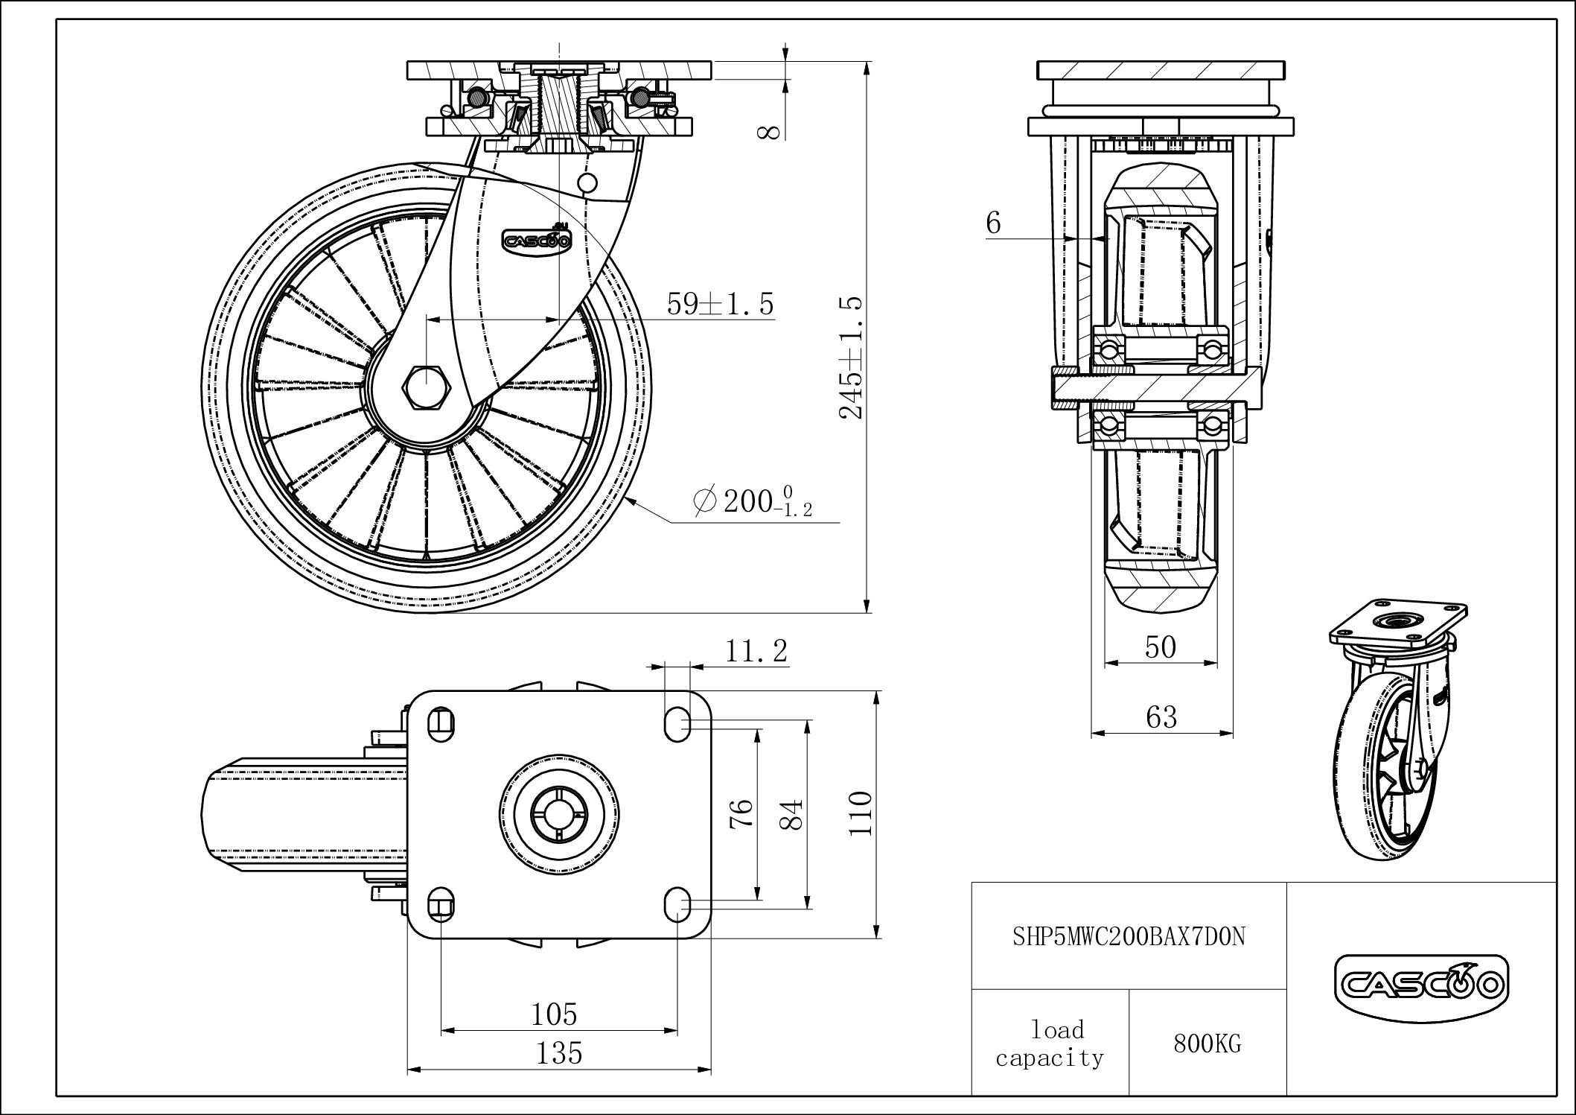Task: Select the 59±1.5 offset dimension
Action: [x=720, y=304]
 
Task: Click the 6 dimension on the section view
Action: [x=993, y=223]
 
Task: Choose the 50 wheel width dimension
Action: [x=1161, y=647]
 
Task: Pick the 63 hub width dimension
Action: [x=1161, y=717]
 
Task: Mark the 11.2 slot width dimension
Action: [x=756, y=651]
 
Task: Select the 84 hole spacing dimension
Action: [x=794, y=815]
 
